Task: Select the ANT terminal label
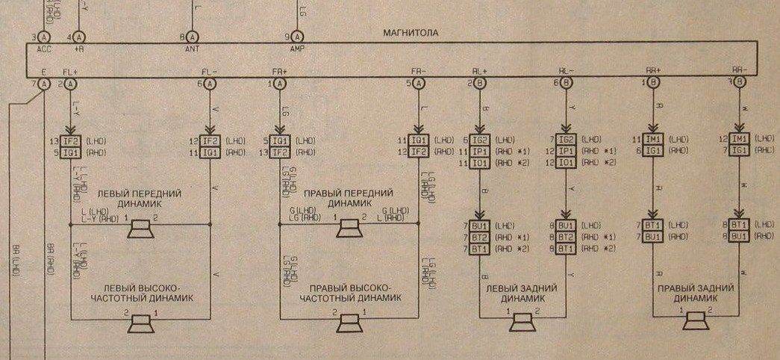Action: coord(191,49)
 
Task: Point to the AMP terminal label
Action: coord(297,49)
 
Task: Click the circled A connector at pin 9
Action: coord(297,36)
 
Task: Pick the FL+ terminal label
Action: coord(70,72)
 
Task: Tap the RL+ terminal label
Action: coord(479,72)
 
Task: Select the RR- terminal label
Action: coord(739,72)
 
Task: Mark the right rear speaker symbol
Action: coord(696,322)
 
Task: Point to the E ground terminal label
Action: coord(45,72)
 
